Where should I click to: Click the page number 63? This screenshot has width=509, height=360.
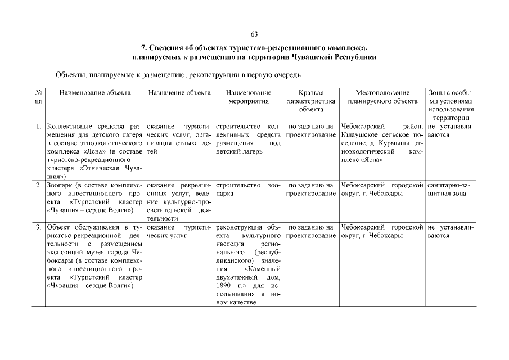pos(254,35)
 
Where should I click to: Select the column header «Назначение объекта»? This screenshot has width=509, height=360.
pos(179,93)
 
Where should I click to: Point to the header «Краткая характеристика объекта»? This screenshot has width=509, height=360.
pos(311,101)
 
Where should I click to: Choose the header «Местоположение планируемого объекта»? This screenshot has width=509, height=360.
pos(382,97)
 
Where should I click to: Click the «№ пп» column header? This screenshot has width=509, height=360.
pos(38,97)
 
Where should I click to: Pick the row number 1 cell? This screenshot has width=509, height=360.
pos(38,127)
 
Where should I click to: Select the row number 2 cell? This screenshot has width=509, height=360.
pos(38,185)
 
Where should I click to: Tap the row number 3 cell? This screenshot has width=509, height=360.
pos(38,227)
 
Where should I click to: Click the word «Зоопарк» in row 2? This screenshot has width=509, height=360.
pos(60,185)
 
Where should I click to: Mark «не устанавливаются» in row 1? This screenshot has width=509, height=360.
pos(449,130)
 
